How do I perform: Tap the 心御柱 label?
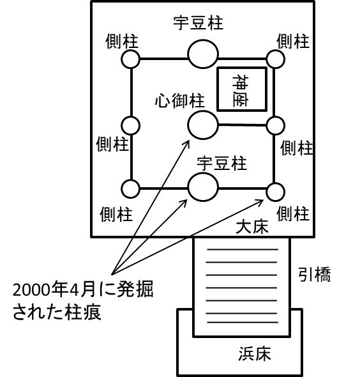179,100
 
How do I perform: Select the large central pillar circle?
203,125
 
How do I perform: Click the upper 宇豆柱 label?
198,23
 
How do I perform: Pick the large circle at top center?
203,54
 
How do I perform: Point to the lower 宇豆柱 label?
222,163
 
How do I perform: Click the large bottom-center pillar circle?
203,187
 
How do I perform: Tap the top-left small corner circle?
130,59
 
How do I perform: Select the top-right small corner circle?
276,59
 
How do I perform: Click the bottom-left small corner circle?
130,188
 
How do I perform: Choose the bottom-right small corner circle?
276,192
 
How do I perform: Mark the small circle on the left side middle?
130,125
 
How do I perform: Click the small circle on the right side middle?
276,125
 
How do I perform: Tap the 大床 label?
252,226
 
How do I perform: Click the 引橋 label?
315,274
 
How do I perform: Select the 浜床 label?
255,353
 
